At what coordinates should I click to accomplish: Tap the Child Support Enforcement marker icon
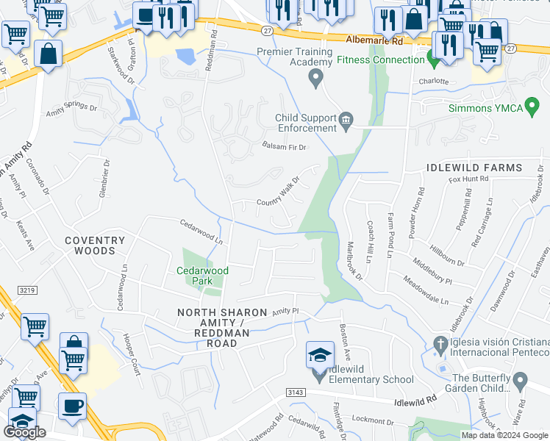pyautogui.click(x=346, y=119)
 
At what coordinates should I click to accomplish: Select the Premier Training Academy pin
pyautogui.click(x=317, y=77)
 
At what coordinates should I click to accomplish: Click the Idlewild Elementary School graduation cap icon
pyautogui.click(x=319, y=355)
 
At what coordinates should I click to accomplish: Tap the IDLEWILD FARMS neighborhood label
pyautogui.click(x=474, y=168)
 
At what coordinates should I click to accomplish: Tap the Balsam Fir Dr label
pyautogui.click(x=284, y=146)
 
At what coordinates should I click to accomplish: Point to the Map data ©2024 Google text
pyautogui.click(x=504, y=435)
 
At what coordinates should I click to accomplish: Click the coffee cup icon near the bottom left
pyautogui.click(x=72, y=406)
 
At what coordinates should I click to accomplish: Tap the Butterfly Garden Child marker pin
pyautogui.click(x=521, y=381)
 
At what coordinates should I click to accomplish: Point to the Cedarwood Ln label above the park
pyautogui.click(x=201, y=230)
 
